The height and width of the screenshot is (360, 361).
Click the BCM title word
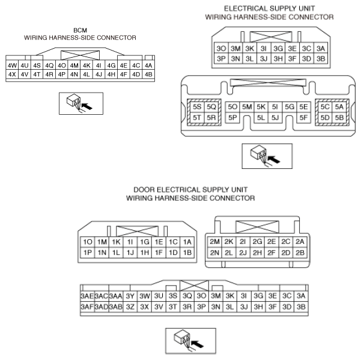pos(80,31)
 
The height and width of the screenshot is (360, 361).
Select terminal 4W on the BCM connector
pos(12,66)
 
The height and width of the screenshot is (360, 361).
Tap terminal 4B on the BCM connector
pos(148,75)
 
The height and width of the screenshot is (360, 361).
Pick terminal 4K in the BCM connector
pos(86,66)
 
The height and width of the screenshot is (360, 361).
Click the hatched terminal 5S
pos(197,107)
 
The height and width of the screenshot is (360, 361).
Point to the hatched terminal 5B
pos(339,118)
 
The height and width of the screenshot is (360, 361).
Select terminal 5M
pos(247,107)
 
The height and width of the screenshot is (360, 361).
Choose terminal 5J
pos(275,118)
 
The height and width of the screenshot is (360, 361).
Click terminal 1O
pos(88,242)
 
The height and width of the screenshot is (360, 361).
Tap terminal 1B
pos(187,252)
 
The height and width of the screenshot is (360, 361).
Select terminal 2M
pos(214,242)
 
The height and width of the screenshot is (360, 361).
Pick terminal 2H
pos(257,252)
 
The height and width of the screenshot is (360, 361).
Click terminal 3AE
pos(87,296)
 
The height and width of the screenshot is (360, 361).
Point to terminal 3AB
pos(115,307)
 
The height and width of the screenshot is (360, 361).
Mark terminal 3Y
pos(130,296)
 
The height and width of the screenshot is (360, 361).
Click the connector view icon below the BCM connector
pos(81,103)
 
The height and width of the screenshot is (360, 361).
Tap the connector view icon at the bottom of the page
pos(190,341)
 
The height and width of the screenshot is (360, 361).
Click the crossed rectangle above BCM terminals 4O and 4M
pos(80,55)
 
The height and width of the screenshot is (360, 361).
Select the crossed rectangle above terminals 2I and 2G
pos(257,227)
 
